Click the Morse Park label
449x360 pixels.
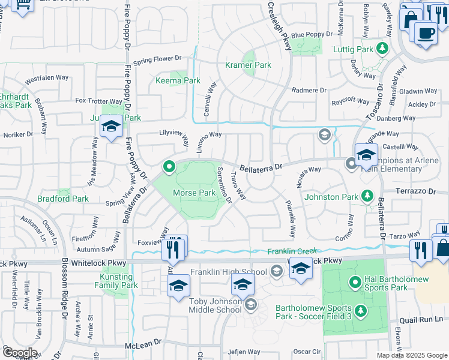point(194,193)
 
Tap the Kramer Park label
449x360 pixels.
point(248,65)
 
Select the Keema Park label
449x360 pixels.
point(178,80)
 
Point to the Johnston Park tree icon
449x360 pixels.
point(367,196)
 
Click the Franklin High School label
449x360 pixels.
point(228,272)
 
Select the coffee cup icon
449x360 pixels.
point(426,34)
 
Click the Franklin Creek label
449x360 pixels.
point(291,251)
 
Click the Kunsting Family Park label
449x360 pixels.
point(113,281)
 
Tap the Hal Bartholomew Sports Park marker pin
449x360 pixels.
point(355,281)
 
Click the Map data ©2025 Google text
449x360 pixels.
point(412,355)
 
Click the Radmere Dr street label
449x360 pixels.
point(308,90)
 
